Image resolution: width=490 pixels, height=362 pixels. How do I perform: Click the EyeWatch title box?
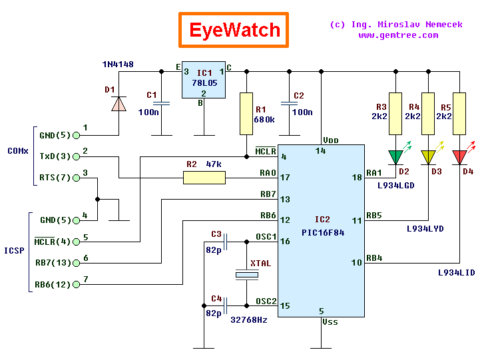pos(234,30)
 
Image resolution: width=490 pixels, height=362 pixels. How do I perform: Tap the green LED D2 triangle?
pos(396,157)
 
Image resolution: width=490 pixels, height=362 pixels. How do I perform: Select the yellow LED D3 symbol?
pos(428,157)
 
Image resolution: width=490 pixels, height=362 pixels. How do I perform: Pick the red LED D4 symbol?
pos(460,157)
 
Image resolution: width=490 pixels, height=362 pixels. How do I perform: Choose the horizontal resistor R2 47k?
pos(204,177)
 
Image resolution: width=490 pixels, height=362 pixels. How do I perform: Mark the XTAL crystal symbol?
pos(246,274)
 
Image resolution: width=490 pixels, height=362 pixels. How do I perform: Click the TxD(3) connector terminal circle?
pos(76,156)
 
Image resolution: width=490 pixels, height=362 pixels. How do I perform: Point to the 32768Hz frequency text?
pos(248,319)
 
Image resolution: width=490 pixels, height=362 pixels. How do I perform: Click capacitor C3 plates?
pos(226,241)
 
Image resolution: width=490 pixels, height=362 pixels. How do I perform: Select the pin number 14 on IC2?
pos(321,152)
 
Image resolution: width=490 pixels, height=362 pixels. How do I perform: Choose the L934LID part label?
pos(456,272)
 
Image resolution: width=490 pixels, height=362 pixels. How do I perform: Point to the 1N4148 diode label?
pos(117,65)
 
